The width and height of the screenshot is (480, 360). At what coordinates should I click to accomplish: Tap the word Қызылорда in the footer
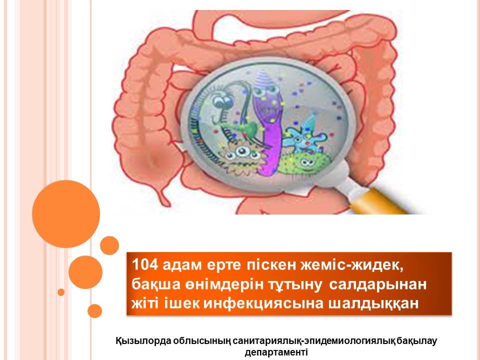pos(142,341)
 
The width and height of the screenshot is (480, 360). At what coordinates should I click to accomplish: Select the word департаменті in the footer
pos(276,351)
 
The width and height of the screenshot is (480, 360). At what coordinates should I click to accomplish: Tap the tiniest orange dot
pos(61,292)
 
